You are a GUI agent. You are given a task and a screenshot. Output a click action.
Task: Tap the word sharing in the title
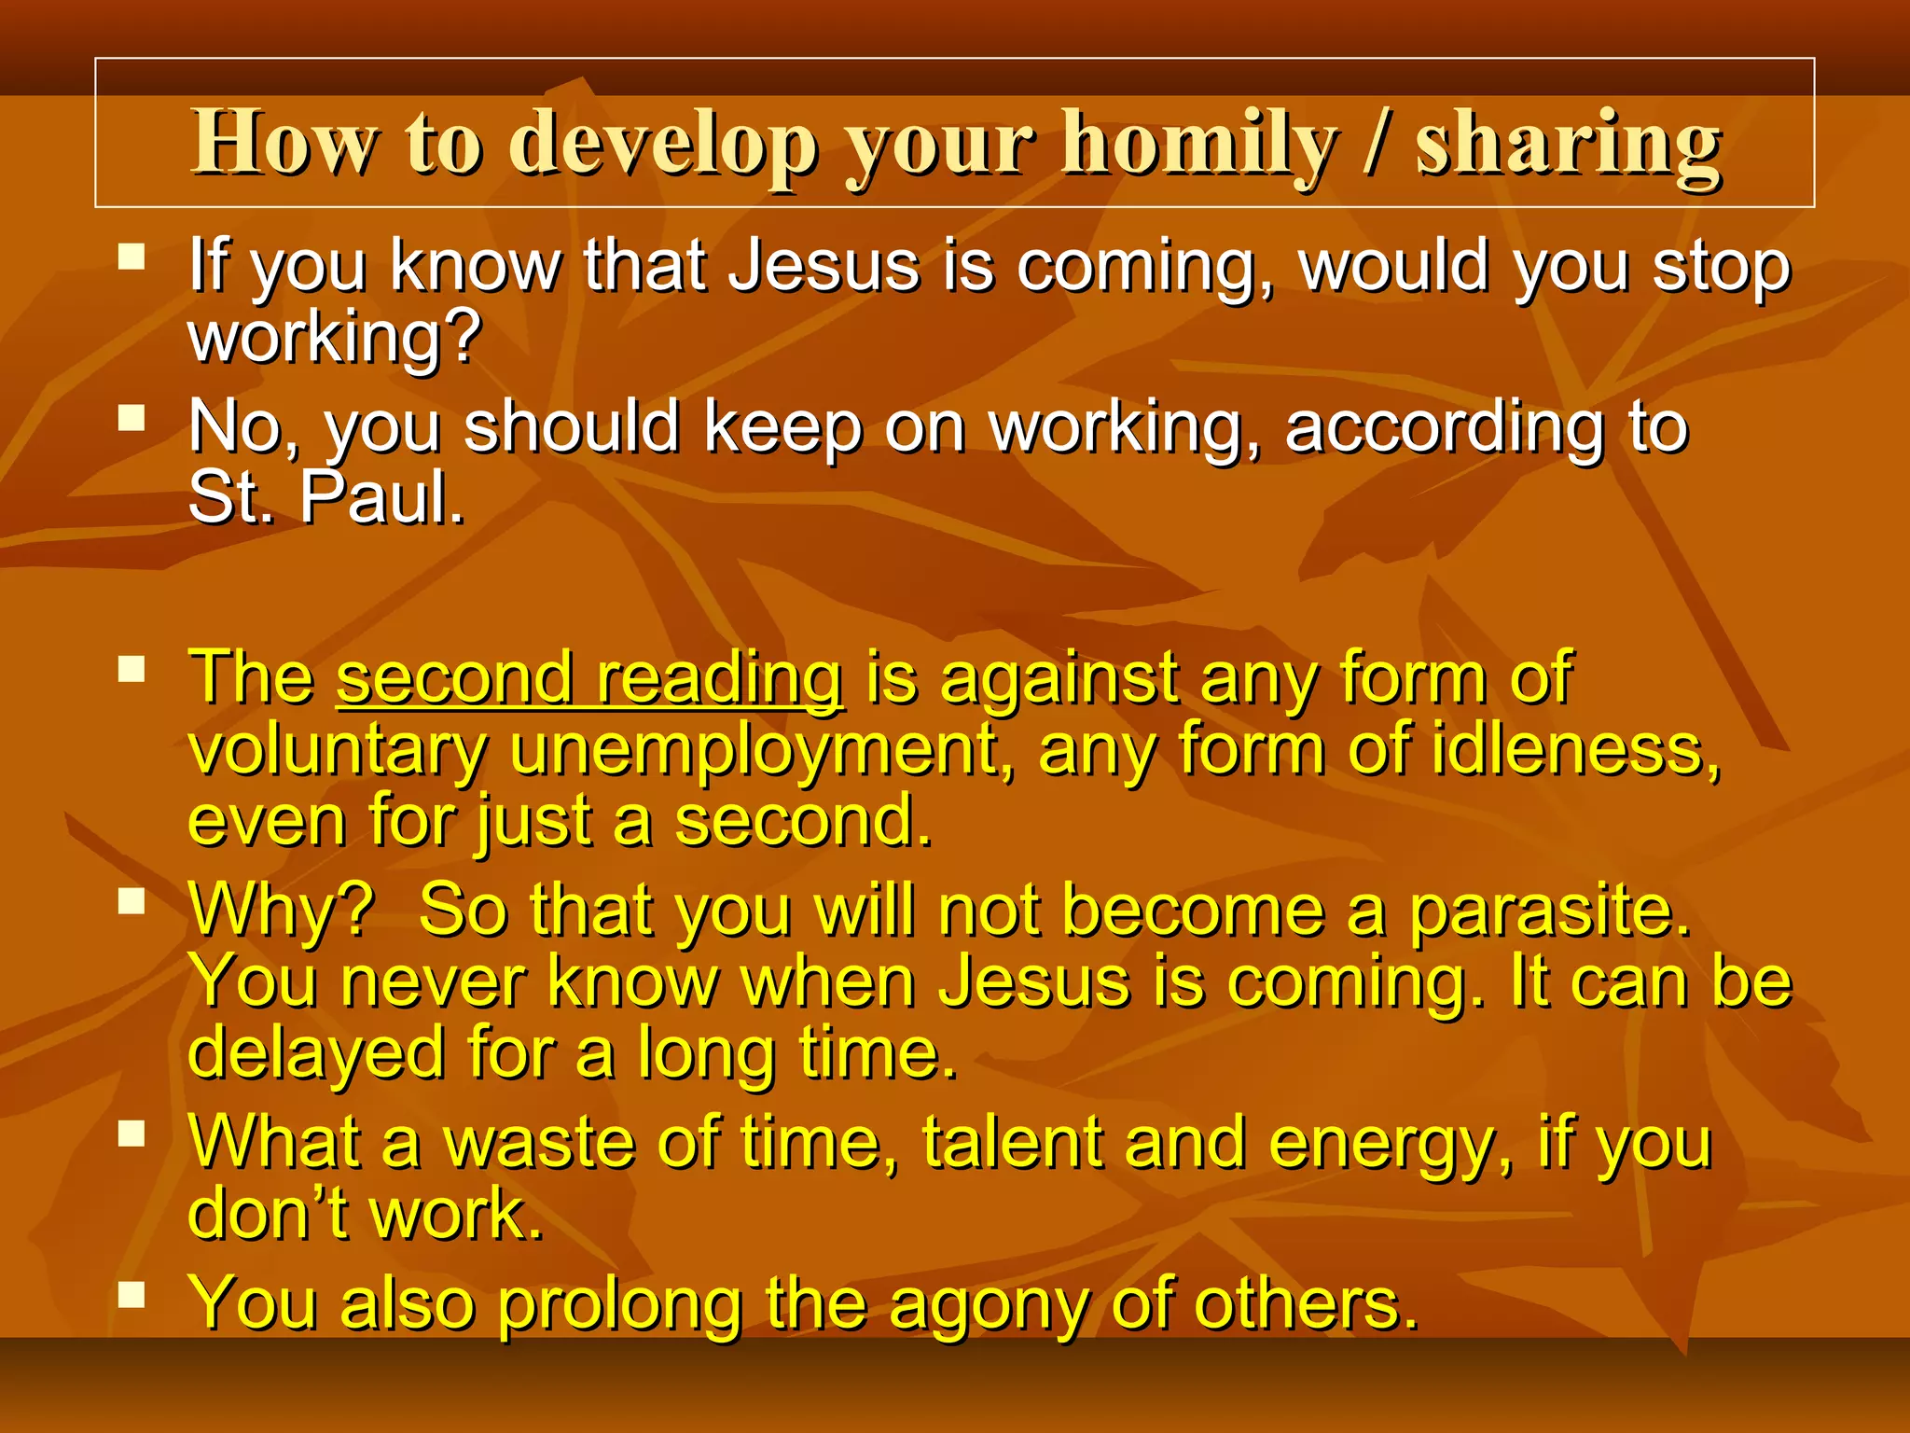click(x=1568, y=145)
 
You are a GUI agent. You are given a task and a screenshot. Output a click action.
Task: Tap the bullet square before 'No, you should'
click(x=132, y=417)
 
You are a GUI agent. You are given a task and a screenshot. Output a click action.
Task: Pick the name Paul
click(x=381, y=499)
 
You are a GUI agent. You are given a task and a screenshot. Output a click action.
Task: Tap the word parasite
click(x=1549, y=911)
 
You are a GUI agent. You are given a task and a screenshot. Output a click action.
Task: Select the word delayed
click(x=316, y=1053)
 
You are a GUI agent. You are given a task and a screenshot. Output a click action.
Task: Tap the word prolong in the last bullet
click(x=619, y=1305)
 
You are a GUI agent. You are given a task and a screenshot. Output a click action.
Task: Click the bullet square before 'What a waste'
click(x=132, y=1134)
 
